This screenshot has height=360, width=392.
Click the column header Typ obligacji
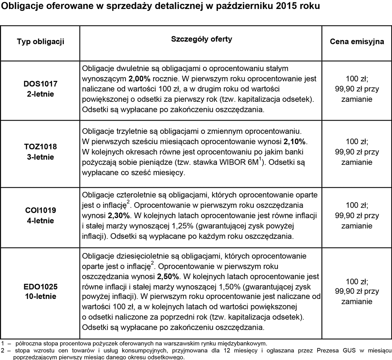click(40, 42)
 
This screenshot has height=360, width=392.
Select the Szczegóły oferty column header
click(201, 39)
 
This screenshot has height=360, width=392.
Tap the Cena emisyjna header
click(357, 42)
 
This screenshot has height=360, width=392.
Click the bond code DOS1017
click(40, 84)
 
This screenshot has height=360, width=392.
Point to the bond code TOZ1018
click(40, 147)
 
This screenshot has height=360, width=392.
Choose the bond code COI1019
click(40, 210)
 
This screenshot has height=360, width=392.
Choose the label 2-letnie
click(40, 94)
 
